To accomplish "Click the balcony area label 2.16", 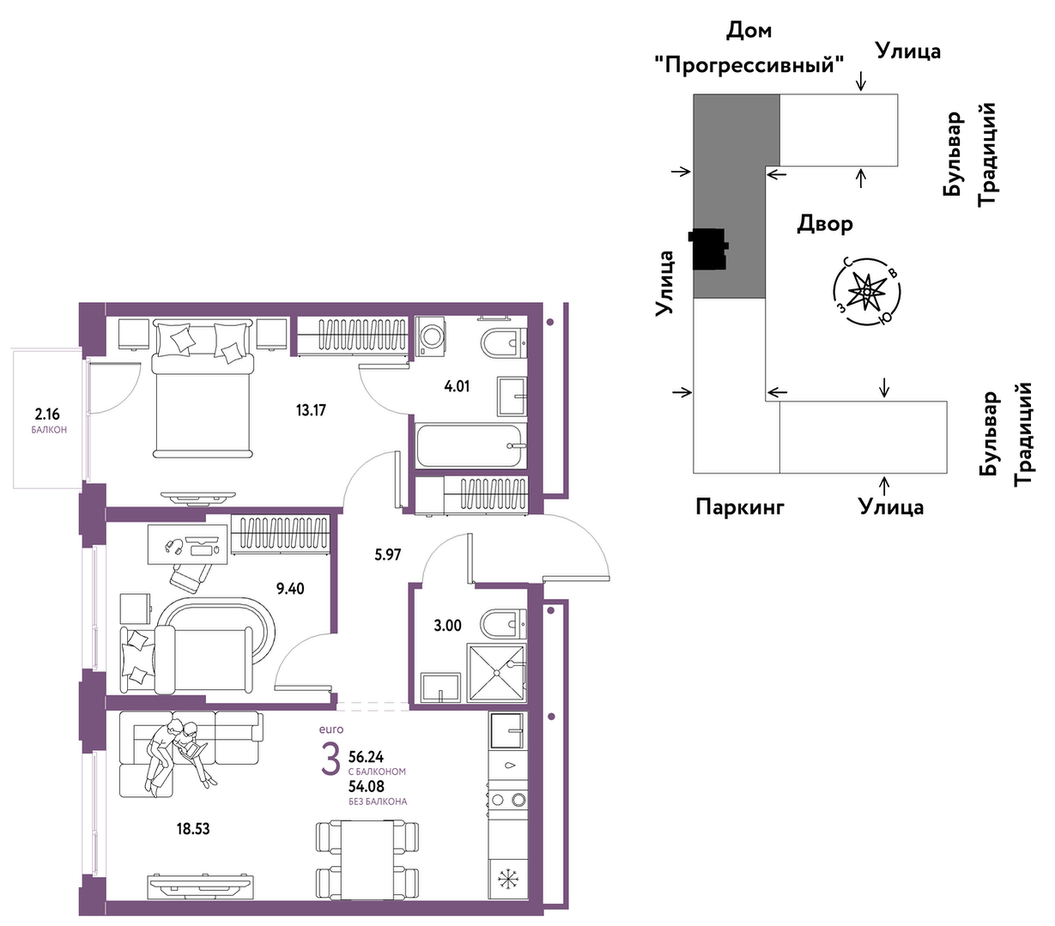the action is (47, 415).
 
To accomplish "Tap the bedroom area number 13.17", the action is (311, 410).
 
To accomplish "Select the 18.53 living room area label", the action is (192, 828).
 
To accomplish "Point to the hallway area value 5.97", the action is (387, 555).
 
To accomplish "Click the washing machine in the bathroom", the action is (430, 336).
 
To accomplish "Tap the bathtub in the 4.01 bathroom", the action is (471, 446).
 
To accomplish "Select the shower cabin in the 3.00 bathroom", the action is (496, 673).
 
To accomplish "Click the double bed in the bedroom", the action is (203, 389).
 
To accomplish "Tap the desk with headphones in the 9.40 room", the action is (187, 544).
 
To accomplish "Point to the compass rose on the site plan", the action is (866, 293).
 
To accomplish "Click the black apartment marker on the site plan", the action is (708, 250).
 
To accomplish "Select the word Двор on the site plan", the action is (825, 224).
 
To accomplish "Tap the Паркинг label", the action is (739, 506).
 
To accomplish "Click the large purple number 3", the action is (330, 760).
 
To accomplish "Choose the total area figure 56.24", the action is (366, 756).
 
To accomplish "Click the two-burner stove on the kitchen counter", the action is (507, 799).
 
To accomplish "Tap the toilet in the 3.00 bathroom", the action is (502, 625).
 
